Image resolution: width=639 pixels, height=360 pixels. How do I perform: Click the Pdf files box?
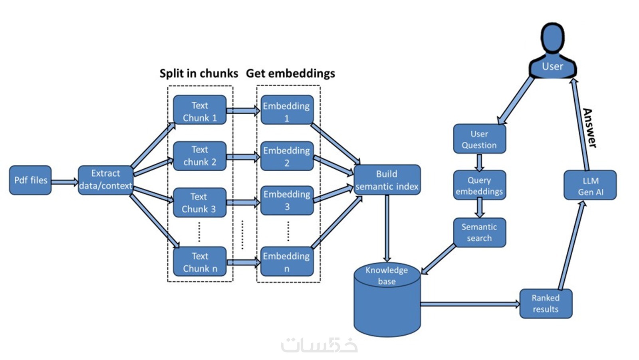click(30, 180)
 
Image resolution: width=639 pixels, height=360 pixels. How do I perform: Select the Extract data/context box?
click(105, 180)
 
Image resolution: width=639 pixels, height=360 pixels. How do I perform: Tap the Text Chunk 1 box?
click(200, 110)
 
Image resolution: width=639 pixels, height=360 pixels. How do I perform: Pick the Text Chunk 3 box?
click(200, 202)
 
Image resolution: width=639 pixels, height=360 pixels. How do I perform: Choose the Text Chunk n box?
click(200, 262)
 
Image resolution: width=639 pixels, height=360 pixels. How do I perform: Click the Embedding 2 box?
click(287, 156)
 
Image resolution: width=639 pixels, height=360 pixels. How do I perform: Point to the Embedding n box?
click(287, 262)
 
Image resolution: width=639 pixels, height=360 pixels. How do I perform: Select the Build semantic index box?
click(387, 180)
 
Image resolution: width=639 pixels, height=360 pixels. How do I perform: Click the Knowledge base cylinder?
click(387, 303)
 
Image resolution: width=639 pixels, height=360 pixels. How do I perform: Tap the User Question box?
click(479, 139)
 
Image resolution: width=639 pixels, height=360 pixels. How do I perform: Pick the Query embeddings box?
click(479, 185)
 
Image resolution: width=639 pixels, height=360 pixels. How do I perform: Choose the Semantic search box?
click(479, 232)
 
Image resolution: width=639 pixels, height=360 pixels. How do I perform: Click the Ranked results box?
click(546, 303)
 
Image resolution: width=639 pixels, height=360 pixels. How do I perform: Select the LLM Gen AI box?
click(590, 185)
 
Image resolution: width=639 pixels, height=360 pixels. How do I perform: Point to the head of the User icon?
click(553, 38)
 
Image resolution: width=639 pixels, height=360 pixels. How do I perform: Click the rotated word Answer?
click(589, 128)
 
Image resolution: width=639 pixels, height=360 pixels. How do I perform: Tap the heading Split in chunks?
click(198, 73)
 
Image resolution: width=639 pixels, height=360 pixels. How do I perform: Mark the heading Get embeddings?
click(290, 73)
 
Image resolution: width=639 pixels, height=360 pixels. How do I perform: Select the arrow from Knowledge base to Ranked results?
click(470, 304)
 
